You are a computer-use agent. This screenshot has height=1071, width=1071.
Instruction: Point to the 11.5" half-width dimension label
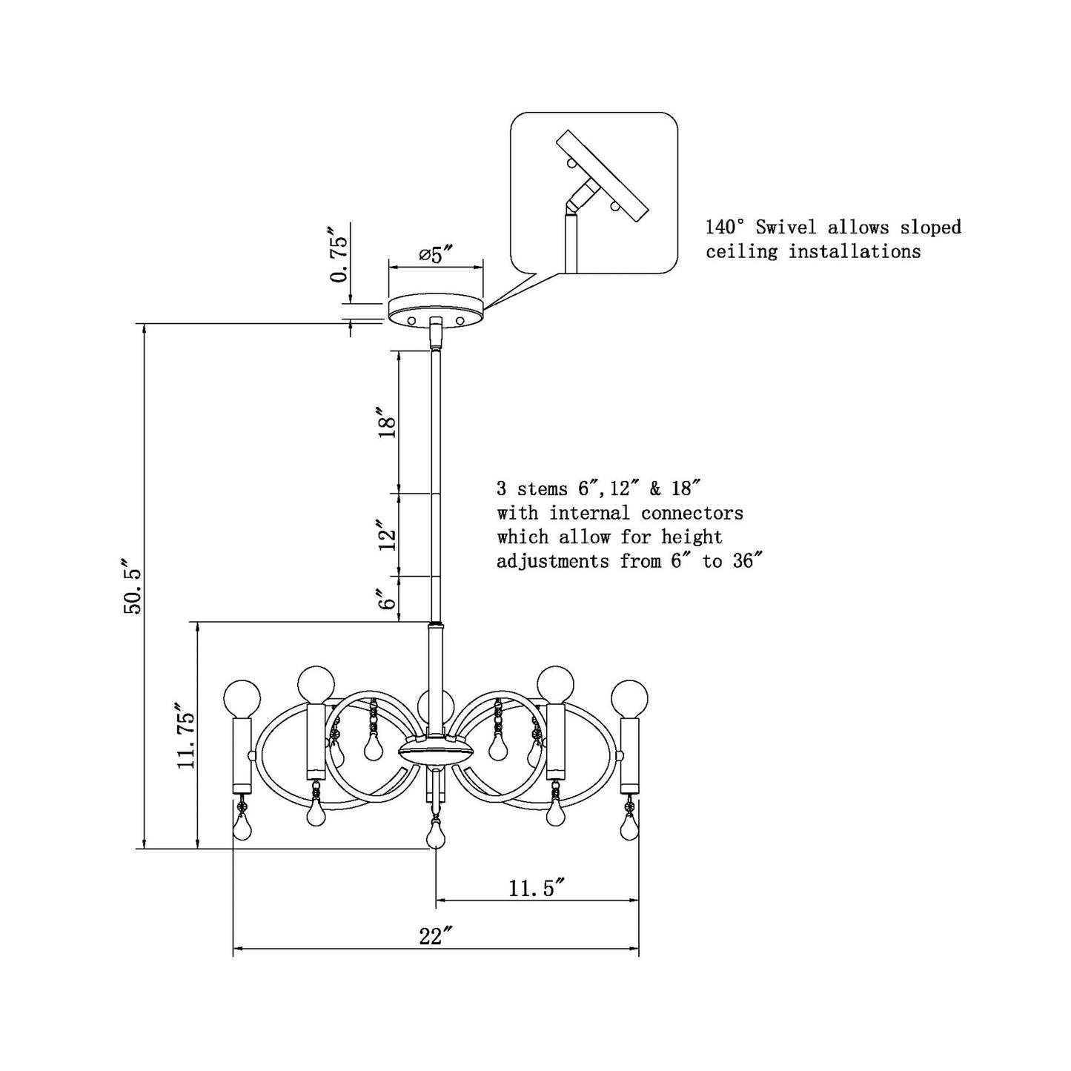pos(537,887)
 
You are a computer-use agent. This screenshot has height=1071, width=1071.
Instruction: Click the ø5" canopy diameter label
pos(436,255)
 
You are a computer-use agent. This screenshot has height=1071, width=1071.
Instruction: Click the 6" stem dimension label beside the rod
pos(386,599)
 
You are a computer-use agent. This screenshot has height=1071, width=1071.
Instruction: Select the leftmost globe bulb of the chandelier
pos(242,697)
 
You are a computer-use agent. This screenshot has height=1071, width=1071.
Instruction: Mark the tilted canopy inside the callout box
pos(603,176)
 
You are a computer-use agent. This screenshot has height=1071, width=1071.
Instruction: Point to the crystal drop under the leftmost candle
pos(242,826)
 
